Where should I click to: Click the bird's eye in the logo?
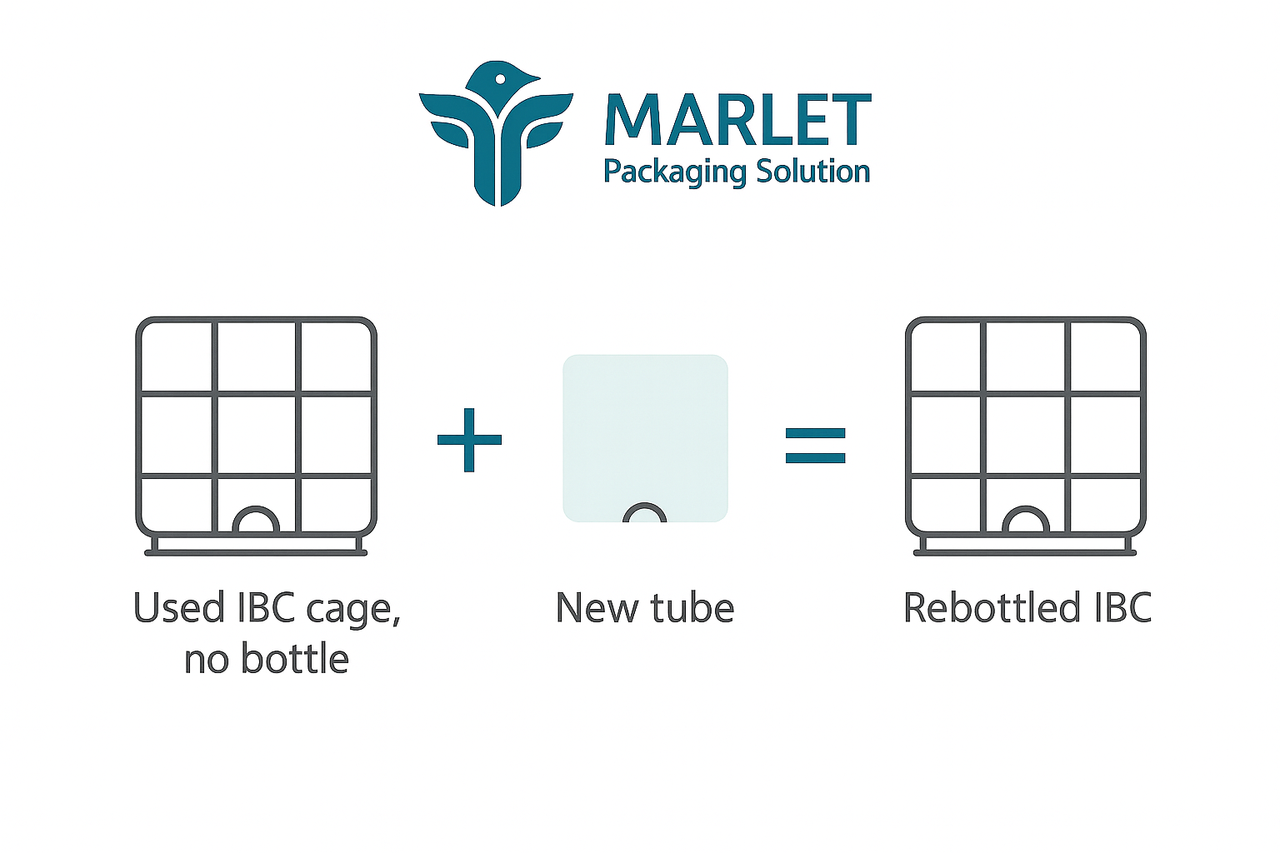[x=501, y=79]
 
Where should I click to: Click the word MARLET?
[x=737, y=120]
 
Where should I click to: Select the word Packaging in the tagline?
[x=675, y=172]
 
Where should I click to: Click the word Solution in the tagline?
[x=812, y=171]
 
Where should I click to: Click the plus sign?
[x=469, y=440]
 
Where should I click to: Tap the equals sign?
[x=816, y=446]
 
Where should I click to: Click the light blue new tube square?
[x=645, y=438]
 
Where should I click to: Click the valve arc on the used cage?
[x=256, y=509]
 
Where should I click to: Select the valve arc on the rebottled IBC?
[x=1026, y=509]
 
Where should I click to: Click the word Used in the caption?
[x=179, y=607]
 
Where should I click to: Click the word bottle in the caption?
[x=295, y=659]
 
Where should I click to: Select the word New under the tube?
[x=597, y=608]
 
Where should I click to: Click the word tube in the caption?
[x=692, y=607]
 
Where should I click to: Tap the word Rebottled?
[x=992, y=607]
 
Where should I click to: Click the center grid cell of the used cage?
[x=256, y=434]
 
